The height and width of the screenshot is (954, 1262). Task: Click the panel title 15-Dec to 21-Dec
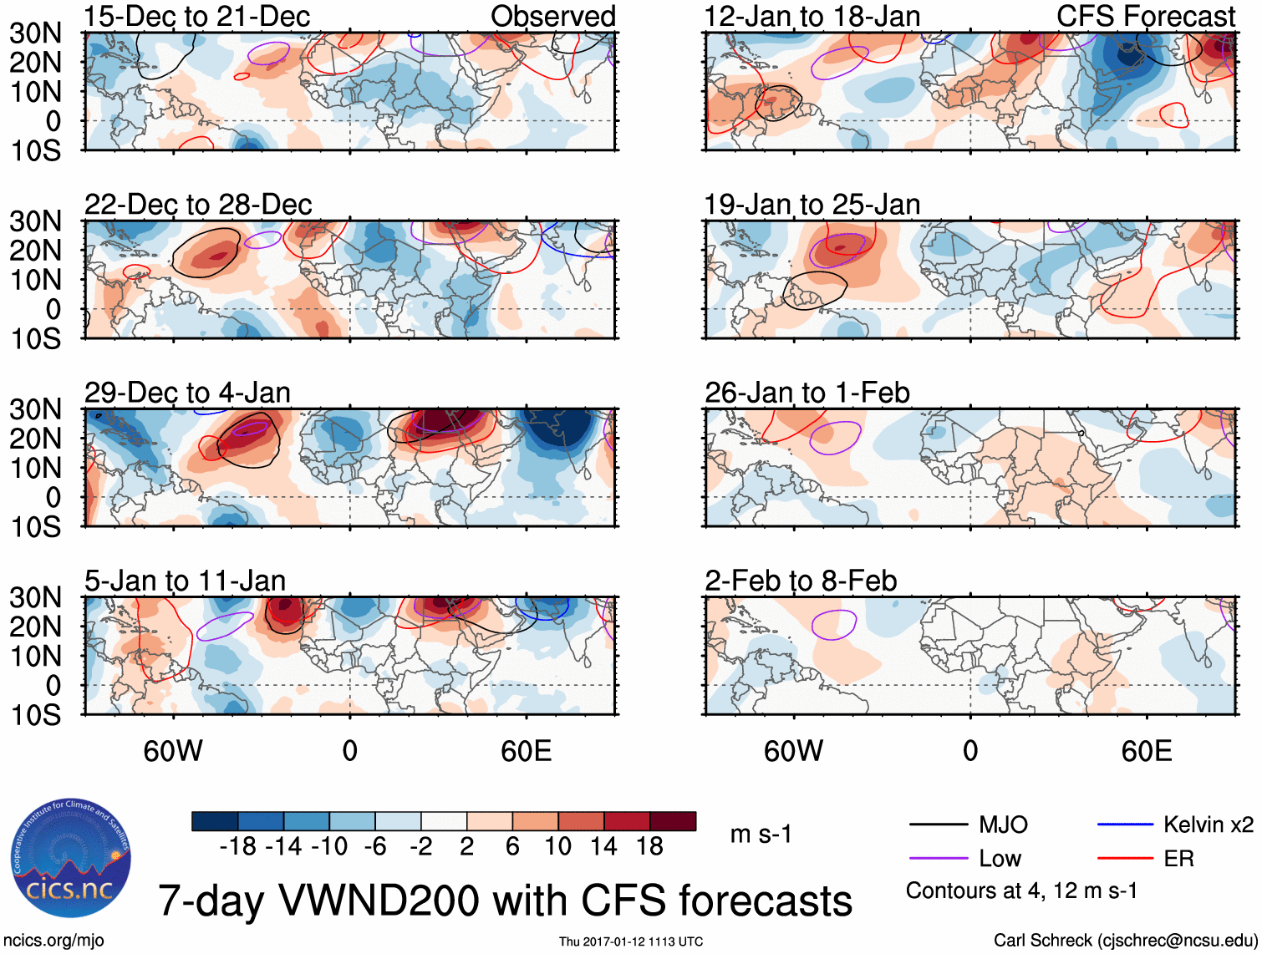click(x=196, y=16)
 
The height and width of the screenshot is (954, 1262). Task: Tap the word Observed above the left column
click(x=552, y=16)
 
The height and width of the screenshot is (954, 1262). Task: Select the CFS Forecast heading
click(x=1145, y=16)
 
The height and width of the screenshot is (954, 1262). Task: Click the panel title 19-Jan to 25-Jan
click(x=812, y=205)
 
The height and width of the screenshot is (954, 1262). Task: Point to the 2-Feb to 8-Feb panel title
click(x=801, y=581)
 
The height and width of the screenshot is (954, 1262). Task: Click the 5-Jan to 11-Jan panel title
click(x=185, y=581)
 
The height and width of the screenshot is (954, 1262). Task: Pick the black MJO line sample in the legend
click(x=938, y=825)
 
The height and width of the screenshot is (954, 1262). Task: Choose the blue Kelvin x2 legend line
click(x=1125, y=825)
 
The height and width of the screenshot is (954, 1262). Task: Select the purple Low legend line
click(x=938, y=858)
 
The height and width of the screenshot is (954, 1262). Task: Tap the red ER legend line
click(x=1125, y=858)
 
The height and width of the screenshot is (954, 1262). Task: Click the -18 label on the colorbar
click(x=238, y=846)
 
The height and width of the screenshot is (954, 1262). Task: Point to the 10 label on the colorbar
click(x=557, y=846)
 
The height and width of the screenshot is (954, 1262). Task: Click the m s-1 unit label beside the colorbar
click(x=761, y=834)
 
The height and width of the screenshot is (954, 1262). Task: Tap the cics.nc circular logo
click(x=71, y=858)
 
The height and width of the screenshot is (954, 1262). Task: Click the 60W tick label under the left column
click(x=173, y=751)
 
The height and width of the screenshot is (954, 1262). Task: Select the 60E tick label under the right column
click(x=1146, y=751)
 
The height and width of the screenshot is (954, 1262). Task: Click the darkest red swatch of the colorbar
click(x=673, y=821)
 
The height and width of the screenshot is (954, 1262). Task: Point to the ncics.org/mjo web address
click(x=53, y=941)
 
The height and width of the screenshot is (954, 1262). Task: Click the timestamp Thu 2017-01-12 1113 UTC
click(x=631, y=941)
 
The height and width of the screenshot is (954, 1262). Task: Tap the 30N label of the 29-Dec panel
click(x=36, y=409)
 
